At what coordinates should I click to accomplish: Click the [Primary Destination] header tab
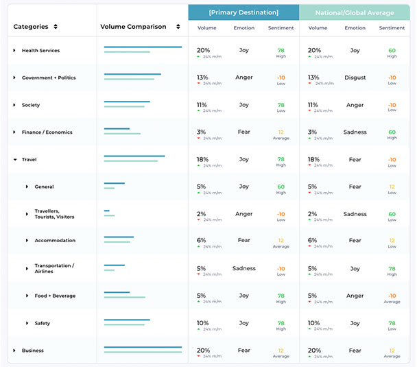coord(243,12)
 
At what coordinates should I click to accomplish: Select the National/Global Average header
coord(355,12)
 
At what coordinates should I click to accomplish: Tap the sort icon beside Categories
coord(56,27)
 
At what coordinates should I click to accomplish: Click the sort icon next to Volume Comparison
coord(178,27)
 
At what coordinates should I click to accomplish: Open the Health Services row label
coord(40,51)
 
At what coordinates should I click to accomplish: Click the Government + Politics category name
coord(48,78)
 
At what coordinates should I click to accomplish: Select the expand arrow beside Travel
coord(14,159)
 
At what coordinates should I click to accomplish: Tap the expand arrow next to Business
coord(14,351)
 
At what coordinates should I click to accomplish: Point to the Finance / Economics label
coord(47,132)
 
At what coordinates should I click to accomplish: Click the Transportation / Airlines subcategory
coord(54,268)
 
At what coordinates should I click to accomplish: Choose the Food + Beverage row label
coord(55,296)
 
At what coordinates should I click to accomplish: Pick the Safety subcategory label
coord(43,323)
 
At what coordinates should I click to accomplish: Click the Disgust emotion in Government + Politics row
coord(355,78)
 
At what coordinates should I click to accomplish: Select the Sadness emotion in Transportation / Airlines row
coord(243,268)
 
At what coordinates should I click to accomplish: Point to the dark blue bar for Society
coord(127,102)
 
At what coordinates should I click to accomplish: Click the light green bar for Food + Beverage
coord(124,298)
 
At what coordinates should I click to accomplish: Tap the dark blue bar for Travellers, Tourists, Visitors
coord(107,211)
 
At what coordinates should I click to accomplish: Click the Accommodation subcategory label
coord(54,241)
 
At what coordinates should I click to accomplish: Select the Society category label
coord(31,105)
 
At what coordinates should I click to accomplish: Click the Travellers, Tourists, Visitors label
coord(54,214)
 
